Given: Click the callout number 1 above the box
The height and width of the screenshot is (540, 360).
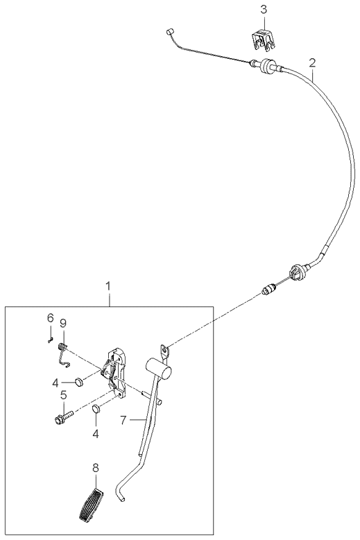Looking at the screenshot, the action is tap(108, 286).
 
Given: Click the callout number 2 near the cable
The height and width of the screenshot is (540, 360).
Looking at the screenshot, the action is tap(312, 63).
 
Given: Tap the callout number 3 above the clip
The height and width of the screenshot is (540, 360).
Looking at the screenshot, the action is tap(264, 10).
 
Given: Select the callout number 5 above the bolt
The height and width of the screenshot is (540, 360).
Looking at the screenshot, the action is tap(64, 395).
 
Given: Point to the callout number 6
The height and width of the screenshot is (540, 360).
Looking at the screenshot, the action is tap(51, 317).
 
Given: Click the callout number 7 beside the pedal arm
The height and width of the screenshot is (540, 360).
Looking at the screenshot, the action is tap(123, 420).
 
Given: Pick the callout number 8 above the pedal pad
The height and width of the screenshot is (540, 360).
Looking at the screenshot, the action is tap(96, 468).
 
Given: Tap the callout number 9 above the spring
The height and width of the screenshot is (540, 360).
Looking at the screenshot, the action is tap(62, 323).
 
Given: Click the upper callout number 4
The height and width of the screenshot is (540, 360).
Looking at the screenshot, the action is tap(55, 383).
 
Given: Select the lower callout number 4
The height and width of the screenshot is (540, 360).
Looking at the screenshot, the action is tap(96, 434).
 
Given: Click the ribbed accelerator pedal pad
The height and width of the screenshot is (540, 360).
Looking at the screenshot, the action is tap(91, 504).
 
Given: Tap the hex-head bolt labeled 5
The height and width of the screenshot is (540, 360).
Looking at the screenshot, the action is tap(64, 416).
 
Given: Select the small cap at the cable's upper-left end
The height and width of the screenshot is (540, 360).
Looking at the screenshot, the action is tap(169, 32).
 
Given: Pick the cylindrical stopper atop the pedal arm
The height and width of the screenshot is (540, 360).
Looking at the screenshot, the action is tap(159, 368).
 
